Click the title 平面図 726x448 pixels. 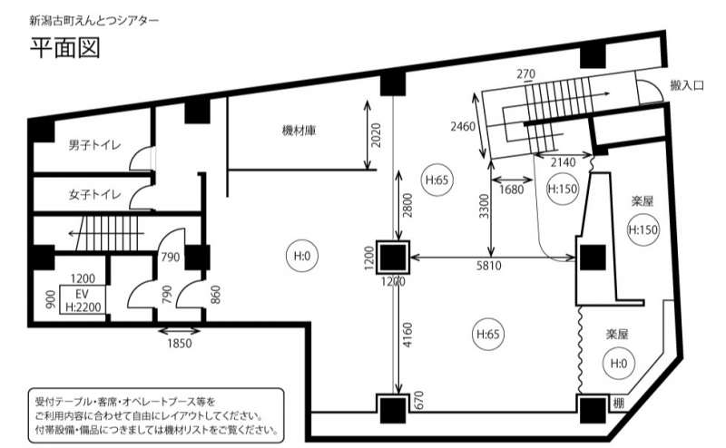(x=63, y=49)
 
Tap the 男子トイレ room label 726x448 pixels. (x=94, y=145)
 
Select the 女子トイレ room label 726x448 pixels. (x=94, y=194)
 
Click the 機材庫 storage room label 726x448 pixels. (x=299, y=131)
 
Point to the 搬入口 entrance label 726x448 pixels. (x=688, y=84)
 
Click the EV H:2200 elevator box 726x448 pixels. (x=82, y=300)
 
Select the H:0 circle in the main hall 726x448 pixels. (x=300, y=257)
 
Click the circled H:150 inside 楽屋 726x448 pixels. (x=643, y=229)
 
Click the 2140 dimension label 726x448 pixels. (x=564, y=161)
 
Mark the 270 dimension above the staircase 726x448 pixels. (x=525, y=73)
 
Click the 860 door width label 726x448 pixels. (x=215, y=294)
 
